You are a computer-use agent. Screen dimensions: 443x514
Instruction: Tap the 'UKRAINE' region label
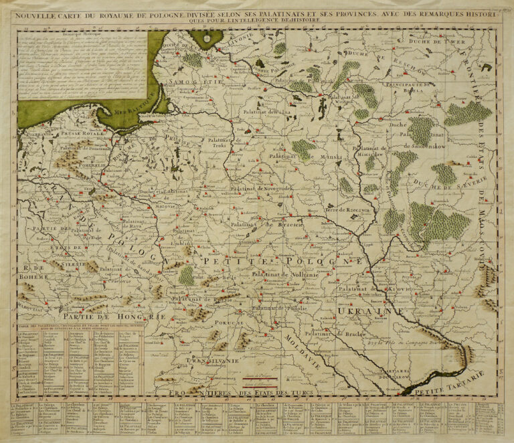[361, 311]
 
